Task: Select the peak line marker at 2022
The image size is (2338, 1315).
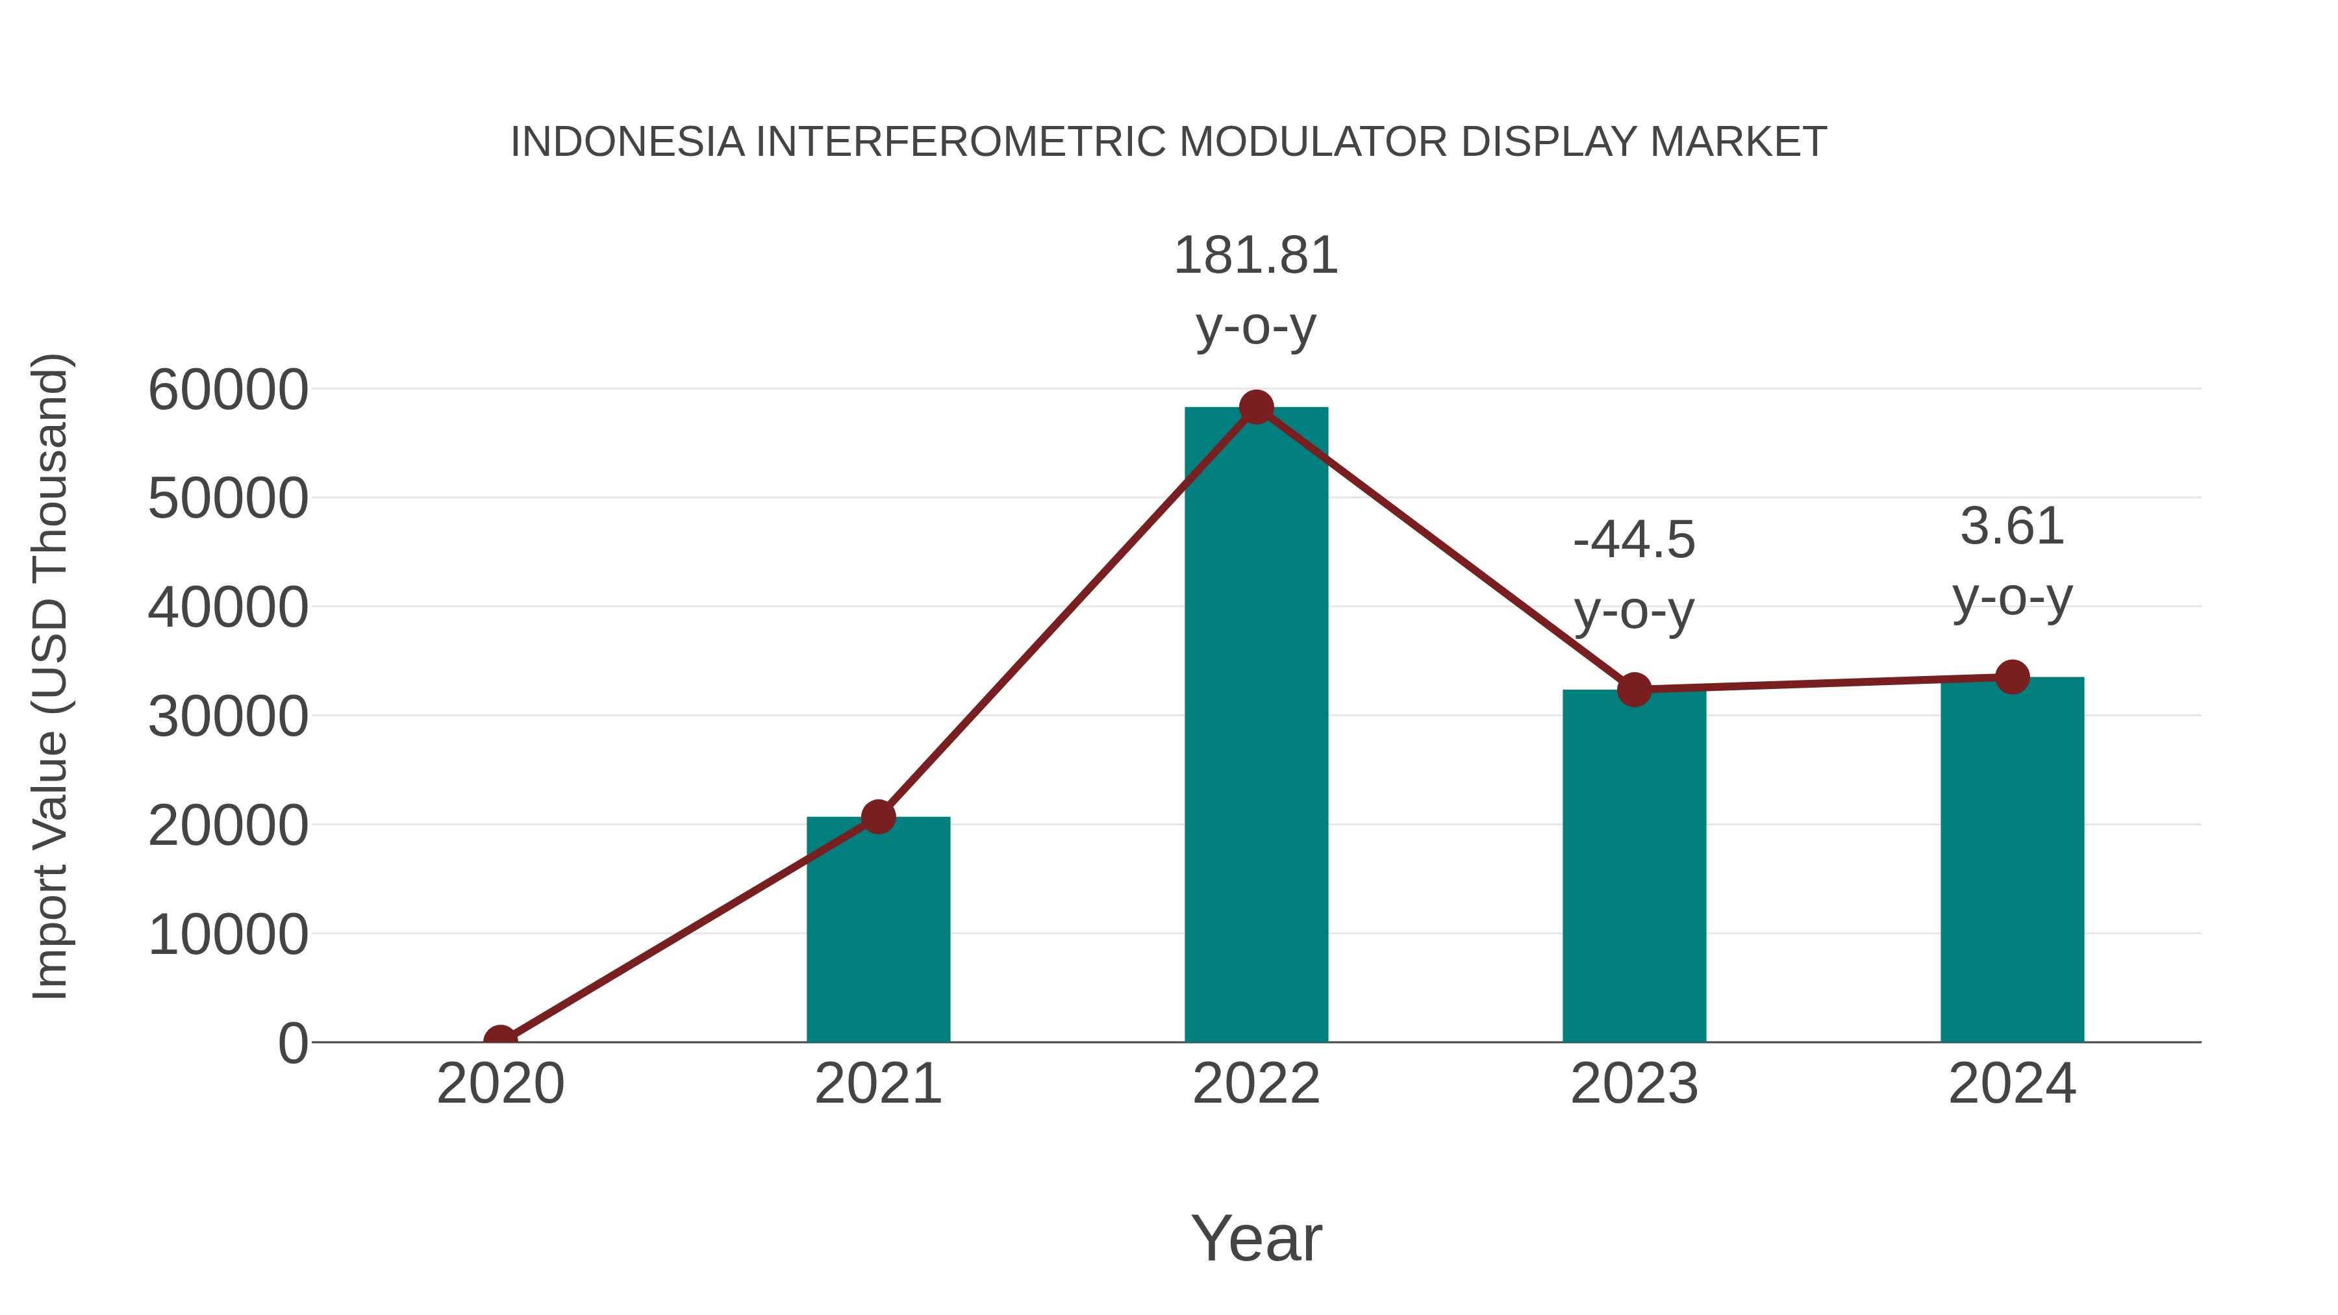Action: tap(1255, 407)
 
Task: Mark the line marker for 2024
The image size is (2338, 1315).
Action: tap(2012, 677)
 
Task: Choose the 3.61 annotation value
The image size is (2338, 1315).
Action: tap(2011, 527)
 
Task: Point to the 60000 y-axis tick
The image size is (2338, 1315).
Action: tap(228, 390)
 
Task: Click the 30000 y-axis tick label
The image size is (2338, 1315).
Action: tap(228, 717)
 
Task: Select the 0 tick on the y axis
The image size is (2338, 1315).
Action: tap(293, 1043)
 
